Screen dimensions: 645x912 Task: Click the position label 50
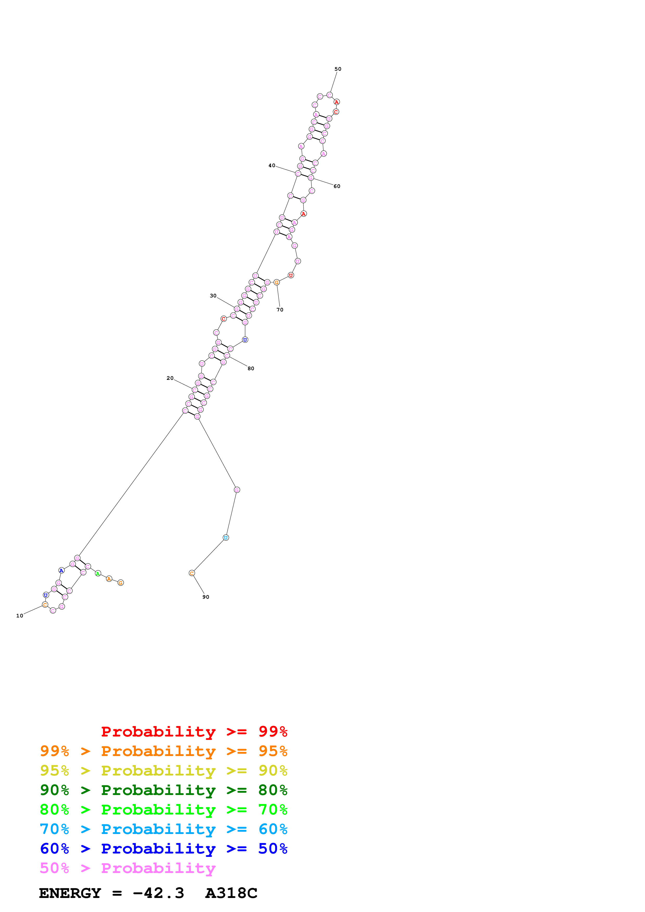(x=337, y=69)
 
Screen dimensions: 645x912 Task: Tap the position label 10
(x=20, y=616)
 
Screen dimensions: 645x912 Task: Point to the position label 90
(x=206, y=597)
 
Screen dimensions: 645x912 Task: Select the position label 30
(x=213, y=296)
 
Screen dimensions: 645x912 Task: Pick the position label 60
(x=337, y=186)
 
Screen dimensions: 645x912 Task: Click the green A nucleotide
(x=98, y=573)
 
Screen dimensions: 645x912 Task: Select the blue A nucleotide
(x=61, y=570)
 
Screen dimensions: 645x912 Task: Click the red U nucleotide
(x=291, y=275)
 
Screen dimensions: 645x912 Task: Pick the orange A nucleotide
(x=109, y=579)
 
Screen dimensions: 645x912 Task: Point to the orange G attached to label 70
(x=277, y=282)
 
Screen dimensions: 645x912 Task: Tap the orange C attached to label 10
(x=45, y=604)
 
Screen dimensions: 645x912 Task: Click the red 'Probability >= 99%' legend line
(x=194, y=732)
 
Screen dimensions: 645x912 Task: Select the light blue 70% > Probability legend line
(x=163, y=829)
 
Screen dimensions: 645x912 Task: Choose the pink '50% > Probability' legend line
(x=127, y=868)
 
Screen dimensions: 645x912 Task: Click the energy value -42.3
(x=158, y=893)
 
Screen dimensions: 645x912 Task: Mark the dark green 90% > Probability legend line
(x=163, y=790)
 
